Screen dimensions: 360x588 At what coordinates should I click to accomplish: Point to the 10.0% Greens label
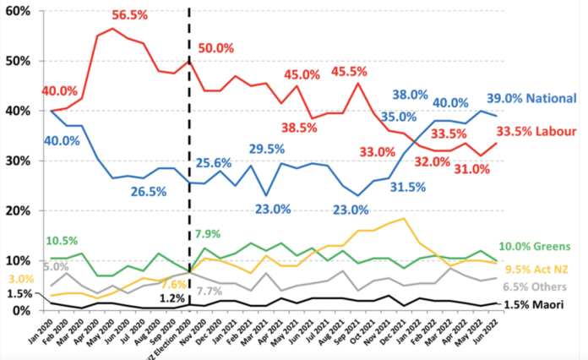[539, 246]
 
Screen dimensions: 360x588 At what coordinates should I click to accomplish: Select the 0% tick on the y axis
[20, 310]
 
